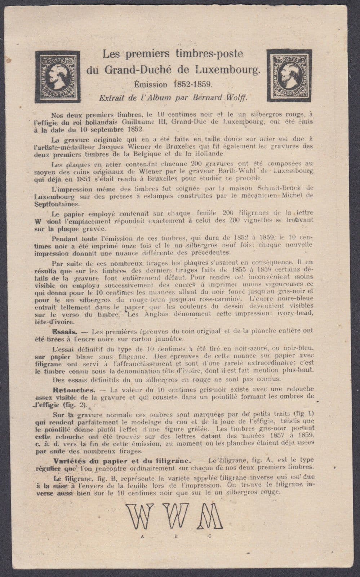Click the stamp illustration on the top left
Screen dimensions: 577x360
pos(58,76)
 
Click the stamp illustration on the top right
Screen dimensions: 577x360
pos(289,76)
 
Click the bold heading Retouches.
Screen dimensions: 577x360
pos(74,390)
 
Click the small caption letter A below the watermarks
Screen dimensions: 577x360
pos(143,536)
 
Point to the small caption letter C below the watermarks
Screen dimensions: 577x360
pos(209,536)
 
